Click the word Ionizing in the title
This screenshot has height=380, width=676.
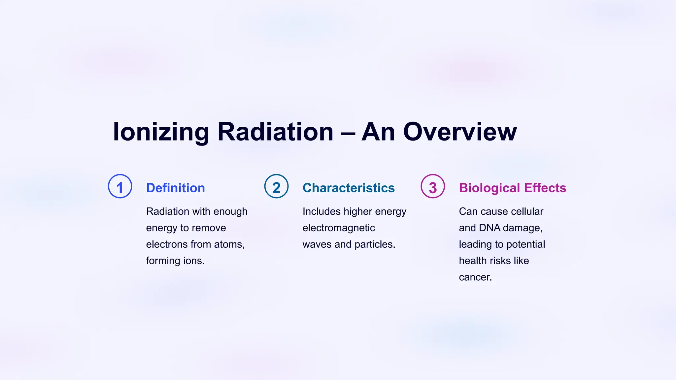(161, 132)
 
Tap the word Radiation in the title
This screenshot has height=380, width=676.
(275, 132)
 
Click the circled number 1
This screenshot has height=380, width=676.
(120, 186)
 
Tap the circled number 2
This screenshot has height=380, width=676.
(277, 186)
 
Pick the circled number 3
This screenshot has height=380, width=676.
(433, 186)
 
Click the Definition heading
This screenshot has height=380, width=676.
(176, 188)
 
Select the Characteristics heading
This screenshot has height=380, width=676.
(349, 188)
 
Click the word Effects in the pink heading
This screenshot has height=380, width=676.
(545, 188)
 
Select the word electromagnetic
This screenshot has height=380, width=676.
(339, 228)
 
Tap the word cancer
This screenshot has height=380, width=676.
(475, 277)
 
